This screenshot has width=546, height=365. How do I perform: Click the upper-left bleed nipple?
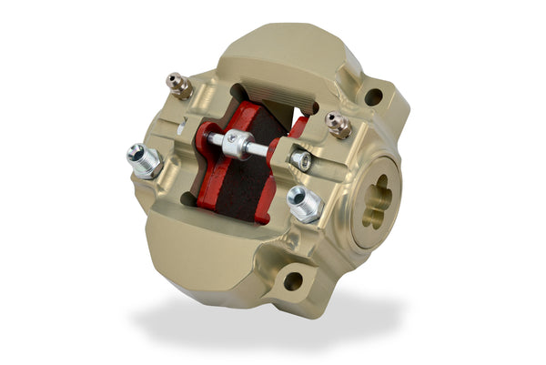(179, 86)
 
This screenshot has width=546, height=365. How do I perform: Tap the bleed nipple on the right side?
(338, 125)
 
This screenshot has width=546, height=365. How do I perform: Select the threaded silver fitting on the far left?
(144, 160)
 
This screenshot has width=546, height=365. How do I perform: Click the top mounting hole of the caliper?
(373, 96)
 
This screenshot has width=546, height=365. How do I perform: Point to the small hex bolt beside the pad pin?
(301, 160)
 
